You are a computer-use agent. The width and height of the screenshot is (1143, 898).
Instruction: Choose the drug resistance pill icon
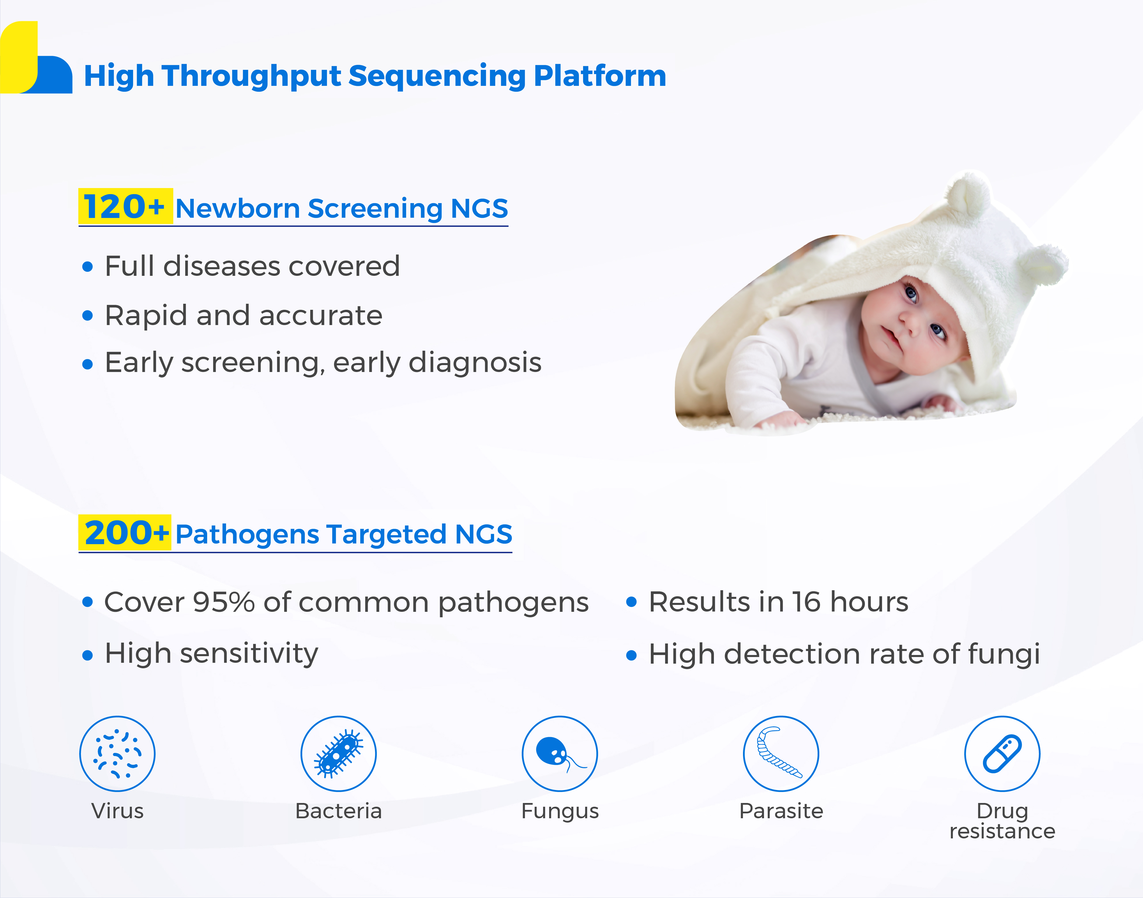pyautogui.click(x=1002, y=753)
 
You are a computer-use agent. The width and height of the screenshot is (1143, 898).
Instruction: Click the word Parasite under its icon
pyautogui.click(x=781, y=811)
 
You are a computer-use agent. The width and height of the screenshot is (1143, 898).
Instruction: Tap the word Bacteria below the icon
pyautogui.click(x=339, y=811)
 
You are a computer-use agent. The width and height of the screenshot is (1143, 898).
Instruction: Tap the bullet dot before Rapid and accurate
pyautogui.click(x=88, y=316)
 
